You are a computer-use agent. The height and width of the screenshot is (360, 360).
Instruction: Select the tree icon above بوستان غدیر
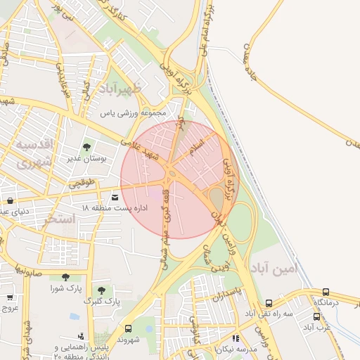coord(86,147)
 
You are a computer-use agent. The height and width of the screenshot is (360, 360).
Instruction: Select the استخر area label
coord(60,219)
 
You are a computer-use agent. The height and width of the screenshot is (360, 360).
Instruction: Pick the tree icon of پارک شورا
coord(65,277)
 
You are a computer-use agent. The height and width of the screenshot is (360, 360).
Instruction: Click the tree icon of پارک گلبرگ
coord(101,290)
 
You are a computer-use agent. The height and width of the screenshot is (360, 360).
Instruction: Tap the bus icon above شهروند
coord(127,328)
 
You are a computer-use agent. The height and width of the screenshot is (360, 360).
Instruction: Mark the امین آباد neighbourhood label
coord(274,269)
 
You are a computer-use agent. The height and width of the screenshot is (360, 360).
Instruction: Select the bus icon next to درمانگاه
coord(326,292)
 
